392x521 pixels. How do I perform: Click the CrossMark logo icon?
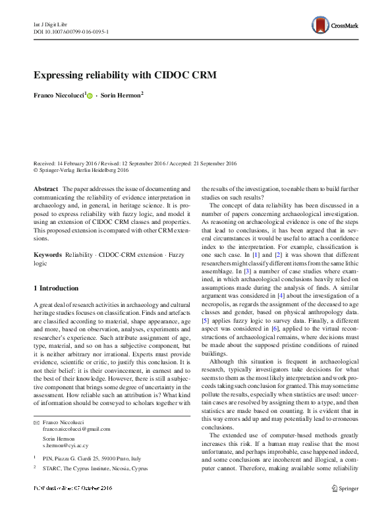(x=321, y=26)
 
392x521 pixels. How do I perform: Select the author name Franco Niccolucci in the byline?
(x=58, y=96)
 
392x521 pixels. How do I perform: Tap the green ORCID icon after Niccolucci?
(x=90, y=96)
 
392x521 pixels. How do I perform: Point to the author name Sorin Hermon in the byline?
(x=122, y=96)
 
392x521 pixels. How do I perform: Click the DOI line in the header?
(x=71, y=31)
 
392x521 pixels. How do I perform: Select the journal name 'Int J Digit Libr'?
(x=51, y=23)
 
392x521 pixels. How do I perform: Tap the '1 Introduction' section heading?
(x=56, y=288)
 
